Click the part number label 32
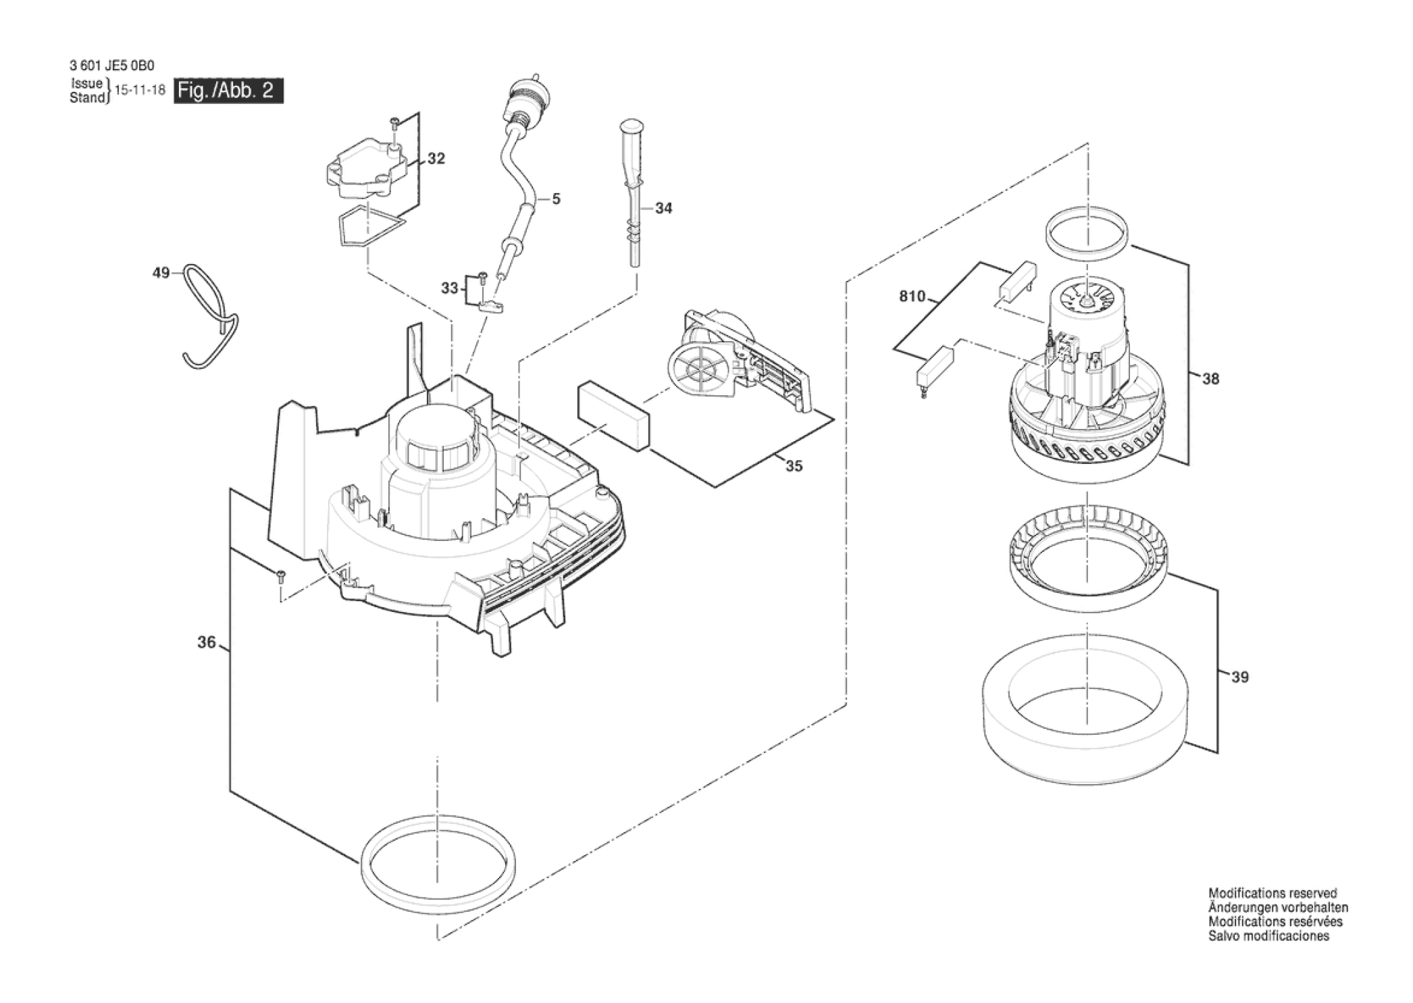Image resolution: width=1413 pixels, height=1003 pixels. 436,159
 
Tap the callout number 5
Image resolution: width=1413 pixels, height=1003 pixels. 556,199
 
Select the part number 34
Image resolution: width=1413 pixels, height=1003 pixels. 664,209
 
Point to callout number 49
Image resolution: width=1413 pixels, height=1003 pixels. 161,273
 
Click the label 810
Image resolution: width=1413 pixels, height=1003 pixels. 912,297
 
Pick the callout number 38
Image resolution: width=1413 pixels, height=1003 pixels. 1211,379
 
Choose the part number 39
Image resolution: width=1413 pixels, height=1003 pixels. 1240,677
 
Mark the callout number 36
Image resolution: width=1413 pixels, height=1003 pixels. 207,642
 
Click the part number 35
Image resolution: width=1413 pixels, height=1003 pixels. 794,466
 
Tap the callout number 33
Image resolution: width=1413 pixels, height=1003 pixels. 450,288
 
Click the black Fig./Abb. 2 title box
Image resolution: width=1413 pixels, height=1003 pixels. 229,91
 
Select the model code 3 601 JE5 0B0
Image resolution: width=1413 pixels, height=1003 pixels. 112,66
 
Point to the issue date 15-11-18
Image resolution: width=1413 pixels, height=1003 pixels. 140,90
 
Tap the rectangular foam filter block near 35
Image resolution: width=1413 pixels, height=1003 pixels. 613,417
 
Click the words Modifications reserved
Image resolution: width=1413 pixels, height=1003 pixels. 1273,893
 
